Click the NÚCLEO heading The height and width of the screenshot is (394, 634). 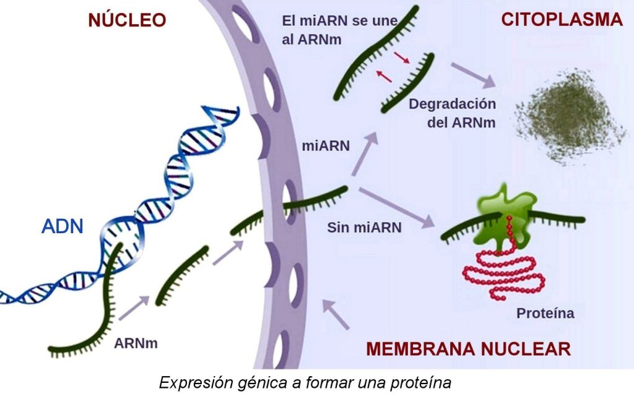tap(127, 20)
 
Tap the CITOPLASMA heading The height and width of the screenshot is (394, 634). tap(561, 20)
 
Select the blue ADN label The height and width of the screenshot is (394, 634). tap(62, 226)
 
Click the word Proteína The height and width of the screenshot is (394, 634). tap(545, 313)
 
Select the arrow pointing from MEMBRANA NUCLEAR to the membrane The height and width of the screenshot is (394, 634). tap(337, 313)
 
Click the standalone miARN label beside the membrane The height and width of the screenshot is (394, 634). tap(326, 147)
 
